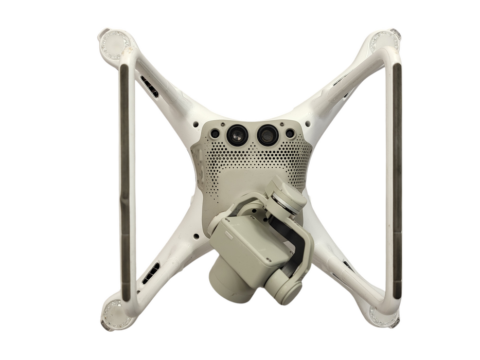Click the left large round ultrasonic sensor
pyautogui.click(x=237, y=135)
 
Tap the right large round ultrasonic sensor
pyautogui.click(x=268, y=135)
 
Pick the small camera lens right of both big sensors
pyautogui.click(x=290, y=133)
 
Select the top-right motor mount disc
pyautogui.click(x=385, y=41)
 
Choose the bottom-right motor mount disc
pyautogui.click(x=383, y=314)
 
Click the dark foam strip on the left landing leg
pyautogui.click(x=125, y=180)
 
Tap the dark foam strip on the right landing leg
pyautogui.click(x=397, y=180)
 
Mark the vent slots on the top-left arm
pyautogui.click(x=149, y=86)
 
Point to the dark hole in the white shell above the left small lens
pyautogui.click(x=196, y=123)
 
